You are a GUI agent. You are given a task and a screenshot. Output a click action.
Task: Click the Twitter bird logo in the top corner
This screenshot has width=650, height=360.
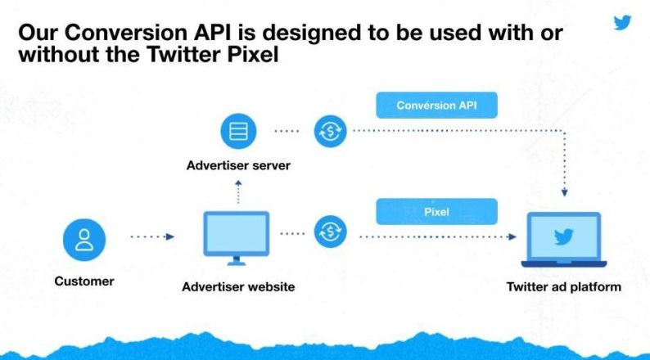pos(622,22)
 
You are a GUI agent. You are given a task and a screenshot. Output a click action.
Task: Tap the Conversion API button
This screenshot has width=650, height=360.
pos(436,106)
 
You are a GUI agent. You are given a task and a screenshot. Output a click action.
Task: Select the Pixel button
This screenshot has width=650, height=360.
pos(436,212)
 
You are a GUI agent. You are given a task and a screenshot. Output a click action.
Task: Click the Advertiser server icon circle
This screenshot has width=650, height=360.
pos(238,132)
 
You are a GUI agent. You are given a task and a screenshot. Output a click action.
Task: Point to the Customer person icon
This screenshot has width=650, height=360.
pos(84,240)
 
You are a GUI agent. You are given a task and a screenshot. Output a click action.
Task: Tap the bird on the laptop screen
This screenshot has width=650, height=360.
pos(564,236)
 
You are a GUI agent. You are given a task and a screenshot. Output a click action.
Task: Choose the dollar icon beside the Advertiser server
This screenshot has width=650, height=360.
pos(330,132)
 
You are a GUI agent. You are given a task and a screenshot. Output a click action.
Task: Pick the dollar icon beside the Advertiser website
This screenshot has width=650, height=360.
pos(330,232)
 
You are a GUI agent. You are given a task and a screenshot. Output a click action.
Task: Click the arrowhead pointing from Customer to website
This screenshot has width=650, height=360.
pos(170,237)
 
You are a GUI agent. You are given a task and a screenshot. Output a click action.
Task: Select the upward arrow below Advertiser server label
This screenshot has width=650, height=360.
pos(238,191)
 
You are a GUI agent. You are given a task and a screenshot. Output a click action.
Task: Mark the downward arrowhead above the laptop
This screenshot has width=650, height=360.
pos(564,192)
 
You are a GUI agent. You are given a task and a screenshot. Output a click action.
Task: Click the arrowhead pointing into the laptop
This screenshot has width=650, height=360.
pos(512,237)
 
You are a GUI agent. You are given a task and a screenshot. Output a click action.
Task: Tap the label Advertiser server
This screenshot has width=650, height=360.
pos(238,165)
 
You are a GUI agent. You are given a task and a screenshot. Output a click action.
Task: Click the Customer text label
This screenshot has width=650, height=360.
pos(84,281)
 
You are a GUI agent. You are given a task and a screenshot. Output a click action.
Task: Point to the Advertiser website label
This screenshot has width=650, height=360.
pos(238,286)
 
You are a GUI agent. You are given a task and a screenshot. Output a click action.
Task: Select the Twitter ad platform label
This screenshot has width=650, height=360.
pos(564,286)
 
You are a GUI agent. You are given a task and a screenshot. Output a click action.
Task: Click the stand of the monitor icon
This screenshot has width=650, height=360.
pos(237,260)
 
